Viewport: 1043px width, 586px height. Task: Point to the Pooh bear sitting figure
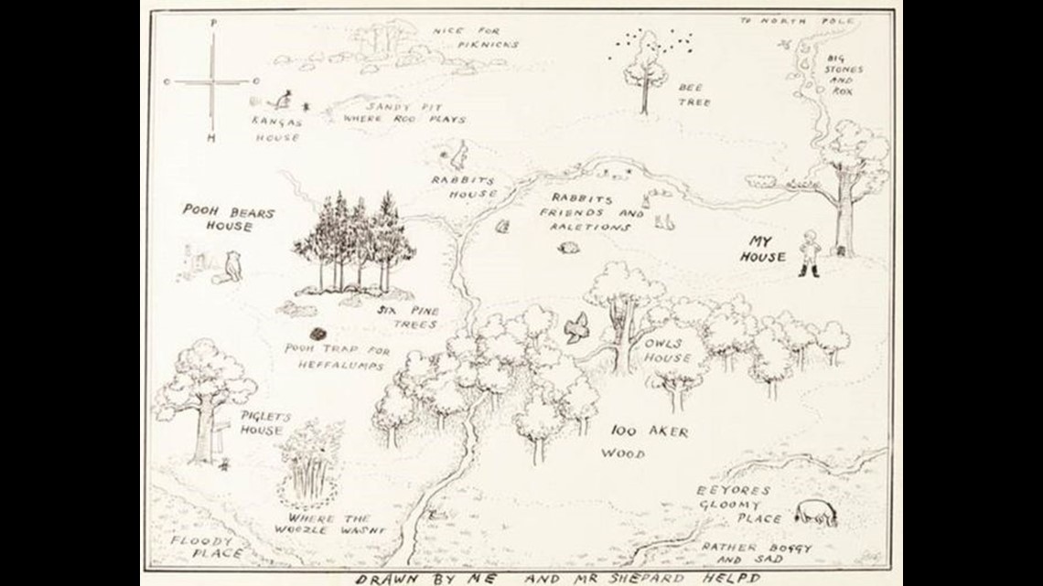tap(234, 265)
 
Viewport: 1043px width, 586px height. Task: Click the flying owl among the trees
tap(576, 327)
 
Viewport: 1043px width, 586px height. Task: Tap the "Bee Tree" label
tap(693, 95)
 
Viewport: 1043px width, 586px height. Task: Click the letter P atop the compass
tap(212, 20)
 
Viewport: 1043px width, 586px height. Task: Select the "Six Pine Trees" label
tap(408, 317)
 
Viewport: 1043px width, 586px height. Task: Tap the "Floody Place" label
tap(207, 547)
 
